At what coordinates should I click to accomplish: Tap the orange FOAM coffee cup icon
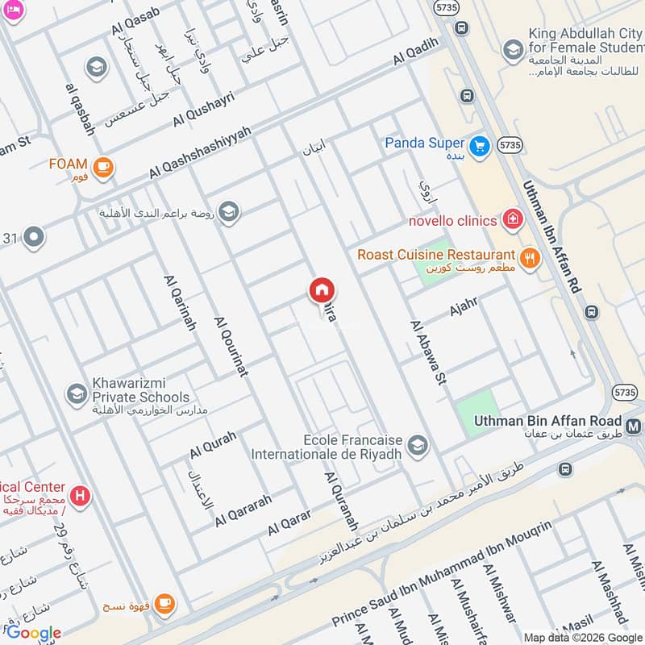(x=102, y=167)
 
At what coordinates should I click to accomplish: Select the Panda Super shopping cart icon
(x=481, y=146)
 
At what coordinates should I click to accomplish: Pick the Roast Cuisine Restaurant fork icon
(x=530, y=258)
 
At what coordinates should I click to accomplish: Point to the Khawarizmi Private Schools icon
(x=77, y=393)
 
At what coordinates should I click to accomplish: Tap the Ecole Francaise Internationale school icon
(x=417, y=444)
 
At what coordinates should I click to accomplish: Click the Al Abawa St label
(x=428, y=352)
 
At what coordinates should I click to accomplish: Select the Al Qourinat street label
(x=231, y=347)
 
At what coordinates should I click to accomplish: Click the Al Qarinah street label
(x=180, y=303)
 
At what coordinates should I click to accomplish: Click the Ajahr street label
(x=464, y=307)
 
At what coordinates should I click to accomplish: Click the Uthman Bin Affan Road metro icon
(x=635, y=422)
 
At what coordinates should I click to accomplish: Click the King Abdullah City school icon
(x=513, y=51)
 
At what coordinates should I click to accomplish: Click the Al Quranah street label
(x=341, y=500)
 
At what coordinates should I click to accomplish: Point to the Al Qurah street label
(x=213, y=443)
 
